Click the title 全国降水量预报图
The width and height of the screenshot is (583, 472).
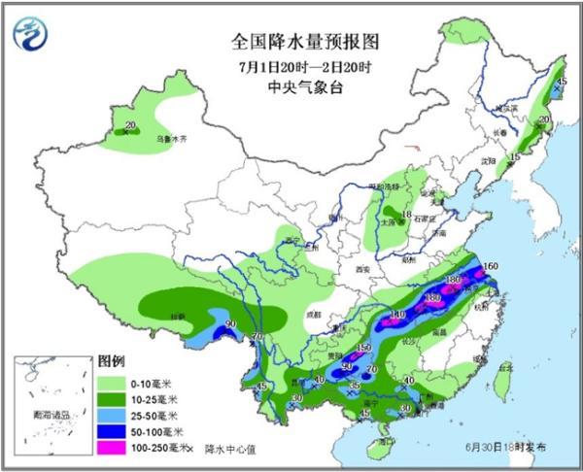(x=303, y=42)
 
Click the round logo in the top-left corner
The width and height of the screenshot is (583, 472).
(x=32, y=34)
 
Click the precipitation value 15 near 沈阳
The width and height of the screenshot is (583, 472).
(x=515, y=156)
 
